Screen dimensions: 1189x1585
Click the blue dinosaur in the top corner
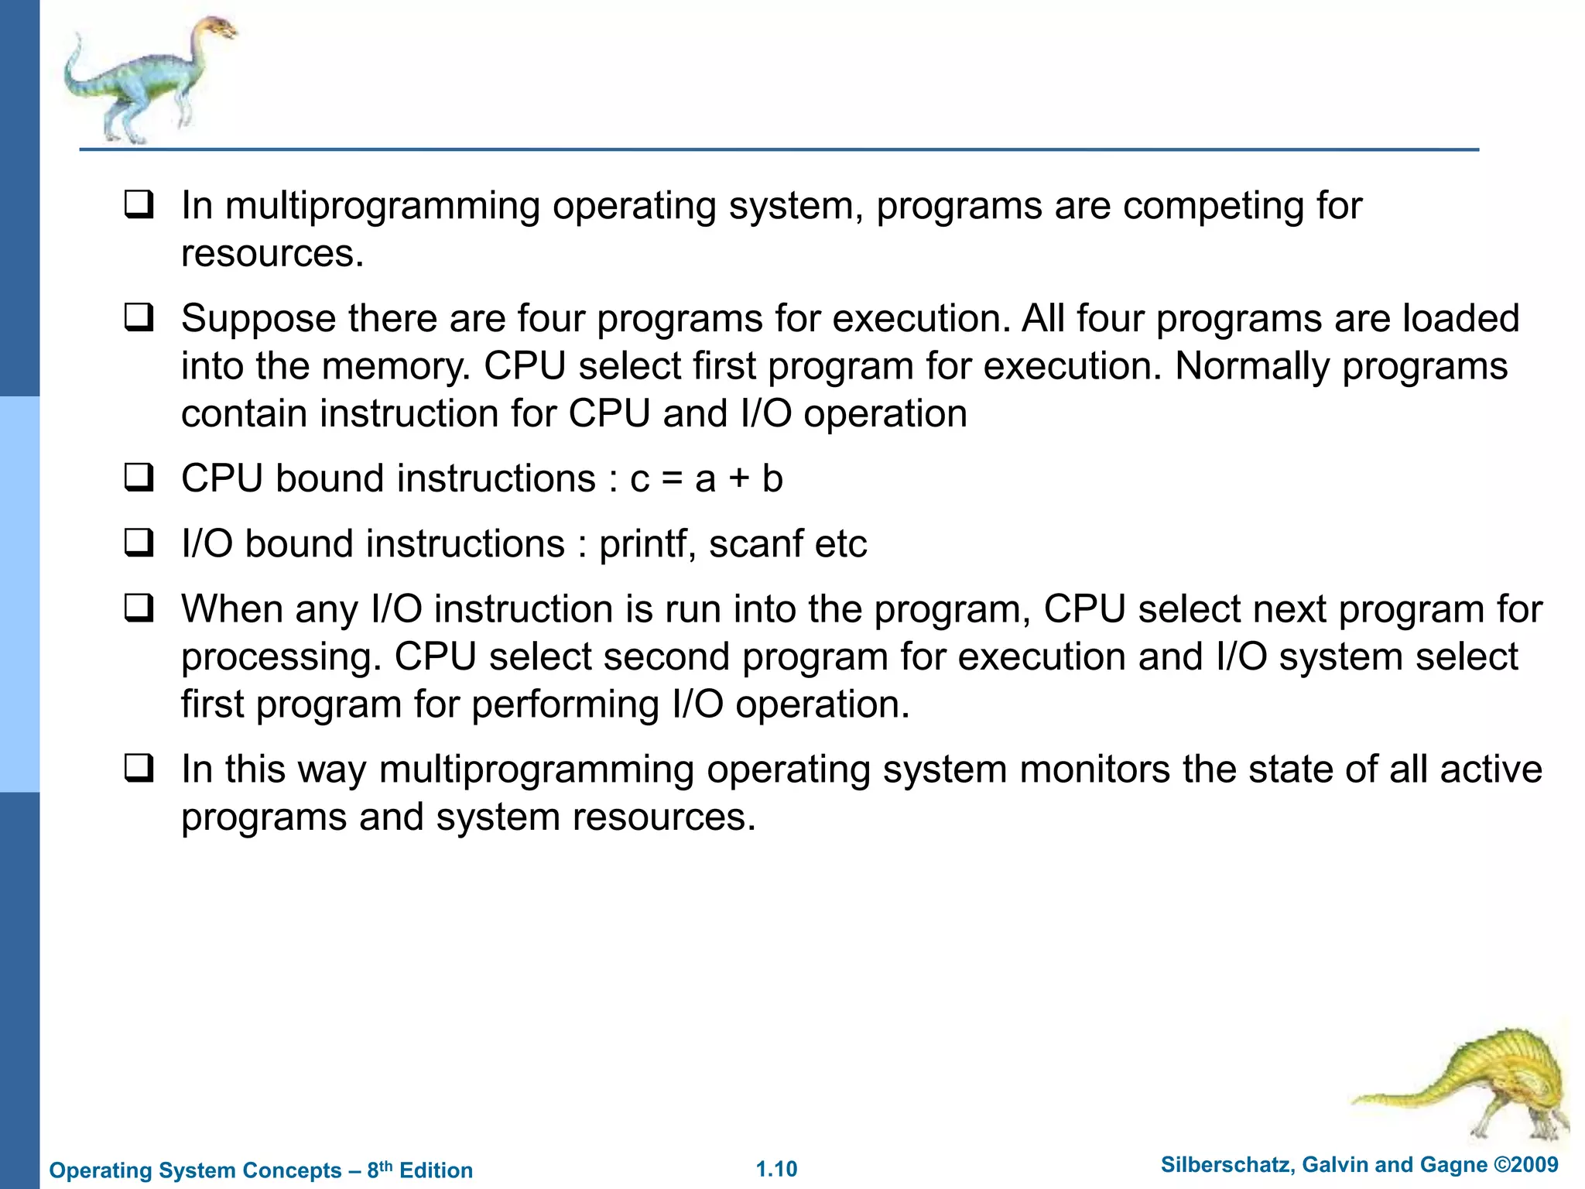pyautogui.click(x=147, y=77)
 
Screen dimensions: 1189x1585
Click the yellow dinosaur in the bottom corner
pyautogui.click(x=1470, y=1084)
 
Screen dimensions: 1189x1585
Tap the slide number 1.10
pyautogui.click(x=776, y=1169)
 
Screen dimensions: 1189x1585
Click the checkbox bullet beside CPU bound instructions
pyautogui.click(x=139, y=478)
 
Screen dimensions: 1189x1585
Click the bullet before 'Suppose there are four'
pyautogui.click(x=139, y=318)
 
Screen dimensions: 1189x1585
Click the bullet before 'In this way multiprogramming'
pyautogui.click(x=139, y=769)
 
